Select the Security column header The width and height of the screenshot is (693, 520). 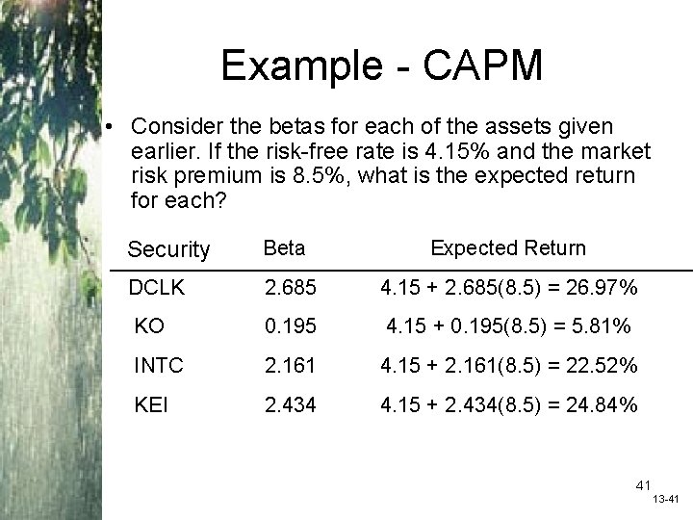coord(168,249)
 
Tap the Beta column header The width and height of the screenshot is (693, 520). coord(285,247)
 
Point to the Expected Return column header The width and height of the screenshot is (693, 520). coord(507,247)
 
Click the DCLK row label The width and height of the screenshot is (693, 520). coord(162,287)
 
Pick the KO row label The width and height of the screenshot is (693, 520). coord(149,327)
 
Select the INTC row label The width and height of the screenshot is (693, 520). coord(156,367)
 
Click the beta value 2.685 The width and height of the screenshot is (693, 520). coord(290,287)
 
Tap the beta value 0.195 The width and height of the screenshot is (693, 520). coord(290,327)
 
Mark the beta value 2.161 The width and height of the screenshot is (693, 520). coord(290,367)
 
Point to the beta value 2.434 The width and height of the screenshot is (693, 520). coord(290,405)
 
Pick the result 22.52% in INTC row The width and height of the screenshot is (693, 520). coord(601,367)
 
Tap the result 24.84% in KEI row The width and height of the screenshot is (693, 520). coord(601,405)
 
